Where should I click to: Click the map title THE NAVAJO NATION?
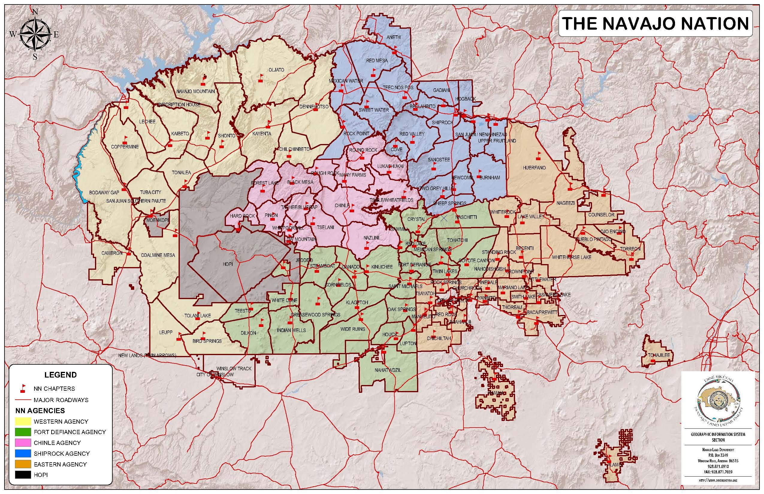click(655, 24)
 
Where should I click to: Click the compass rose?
click(35, 34)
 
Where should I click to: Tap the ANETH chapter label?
click(393, 37)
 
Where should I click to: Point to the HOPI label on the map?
click(228, 264)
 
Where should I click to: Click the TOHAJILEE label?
click(659, 355)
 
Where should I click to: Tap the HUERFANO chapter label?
click(534, 167)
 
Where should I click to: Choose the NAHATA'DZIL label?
click(388, 370)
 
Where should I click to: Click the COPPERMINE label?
click(125, 147)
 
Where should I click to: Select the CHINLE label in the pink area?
click(342, 205)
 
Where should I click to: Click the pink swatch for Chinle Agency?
click(23, 443)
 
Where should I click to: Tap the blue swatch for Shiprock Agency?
click(23, 453)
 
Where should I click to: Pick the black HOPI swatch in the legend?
click(23, 475)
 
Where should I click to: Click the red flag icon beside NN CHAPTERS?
click(23, 389)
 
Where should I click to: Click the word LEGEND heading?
click(60, 375)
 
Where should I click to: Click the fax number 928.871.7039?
click(718, 472)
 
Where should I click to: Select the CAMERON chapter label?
click(112, 253)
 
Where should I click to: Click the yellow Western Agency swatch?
click(23, 421)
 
